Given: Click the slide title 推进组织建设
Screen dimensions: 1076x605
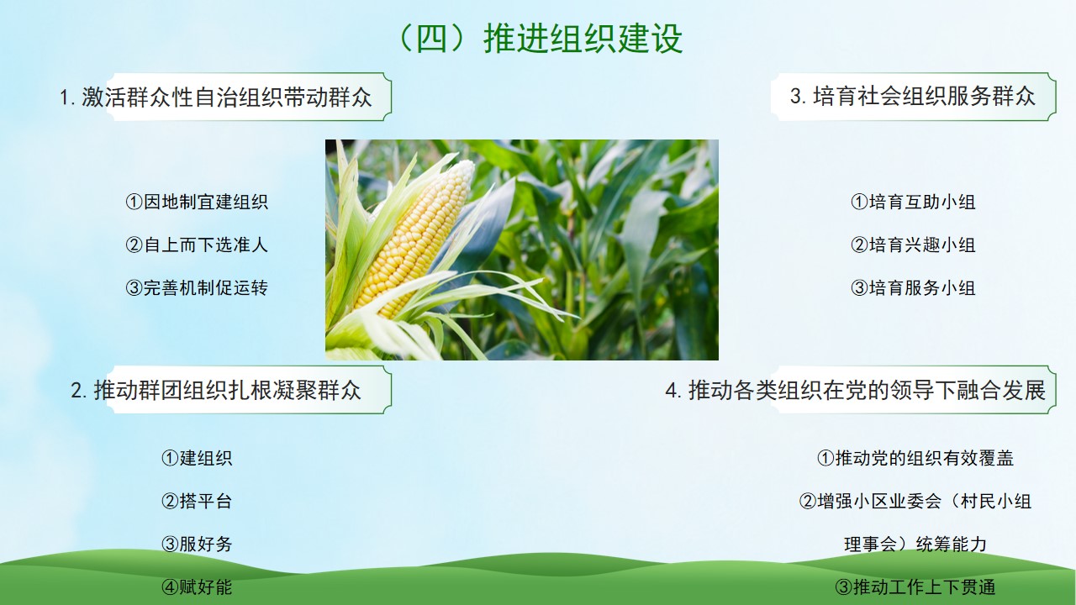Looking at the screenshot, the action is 583,39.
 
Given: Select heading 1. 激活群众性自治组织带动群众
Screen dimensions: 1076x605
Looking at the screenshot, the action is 216,97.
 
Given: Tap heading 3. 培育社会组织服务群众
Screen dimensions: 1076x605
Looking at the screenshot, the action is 913,96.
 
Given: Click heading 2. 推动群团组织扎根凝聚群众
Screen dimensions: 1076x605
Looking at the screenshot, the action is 216,390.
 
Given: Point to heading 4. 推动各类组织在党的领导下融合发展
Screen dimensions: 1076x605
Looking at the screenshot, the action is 855,390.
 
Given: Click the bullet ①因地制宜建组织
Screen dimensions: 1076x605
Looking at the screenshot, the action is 197,202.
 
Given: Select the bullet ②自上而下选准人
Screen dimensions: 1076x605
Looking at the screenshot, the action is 197,245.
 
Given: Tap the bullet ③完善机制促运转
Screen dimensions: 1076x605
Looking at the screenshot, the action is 197,288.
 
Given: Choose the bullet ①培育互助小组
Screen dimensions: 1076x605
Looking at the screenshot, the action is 913,202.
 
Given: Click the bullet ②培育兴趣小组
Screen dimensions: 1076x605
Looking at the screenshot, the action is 913,245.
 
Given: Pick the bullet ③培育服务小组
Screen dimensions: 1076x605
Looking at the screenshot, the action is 913,288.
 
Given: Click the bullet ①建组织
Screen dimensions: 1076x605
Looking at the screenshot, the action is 197,458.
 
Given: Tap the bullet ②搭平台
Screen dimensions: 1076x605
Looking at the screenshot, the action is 197,502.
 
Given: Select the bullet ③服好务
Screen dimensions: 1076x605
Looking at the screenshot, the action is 197,544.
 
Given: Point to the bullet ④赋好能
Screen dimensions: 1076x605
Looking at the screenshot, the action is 197,587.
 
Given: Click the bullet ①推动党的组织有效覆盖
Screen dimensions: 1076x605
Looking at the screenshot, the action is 915,458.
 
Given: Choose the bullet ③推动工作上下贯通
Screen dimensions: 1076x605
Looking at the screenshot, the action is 915,587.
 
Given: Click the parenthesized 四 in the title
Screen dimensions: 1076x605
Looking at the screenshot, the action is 432,39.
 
